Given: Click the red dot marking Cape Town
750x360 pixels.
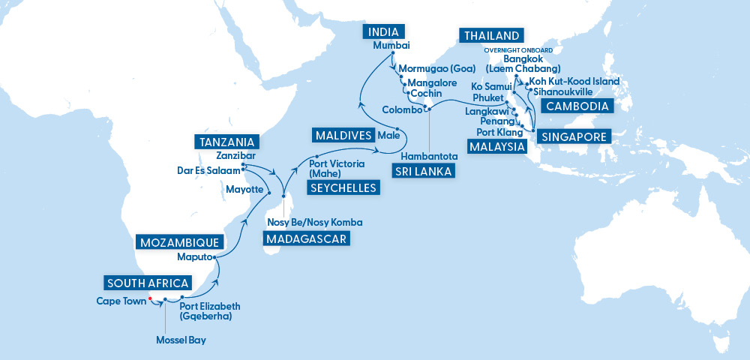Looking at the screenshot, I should [151, 298].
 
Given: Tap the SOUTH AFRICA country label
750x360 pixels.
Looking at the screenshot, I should [148, 283].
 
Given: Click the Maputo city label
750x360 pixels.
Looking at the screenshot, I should [193, 257].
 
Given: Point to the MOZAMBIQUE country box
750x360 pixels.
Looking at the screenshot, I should [180, 242].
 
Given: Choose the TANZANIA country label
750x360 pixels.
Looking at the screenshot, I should [226, 142].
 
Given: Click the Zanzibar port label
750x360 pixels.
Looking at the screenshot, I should [229, 156].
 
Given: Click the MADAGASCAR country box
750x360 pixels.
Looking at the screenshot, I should [307, 239].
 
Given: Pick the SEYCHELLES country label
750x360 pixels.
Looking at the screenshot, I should [343, 187].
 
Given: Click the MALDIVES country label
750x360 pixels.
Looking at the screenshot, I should [343, 136].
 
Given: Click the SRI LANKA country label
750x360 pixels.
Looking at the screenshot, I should [422, 172].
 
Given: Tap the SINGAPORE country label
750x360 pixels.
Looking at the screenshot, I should [572, 137].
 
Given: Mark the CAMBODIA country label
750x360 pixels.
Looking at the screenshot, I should [577, 106].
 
